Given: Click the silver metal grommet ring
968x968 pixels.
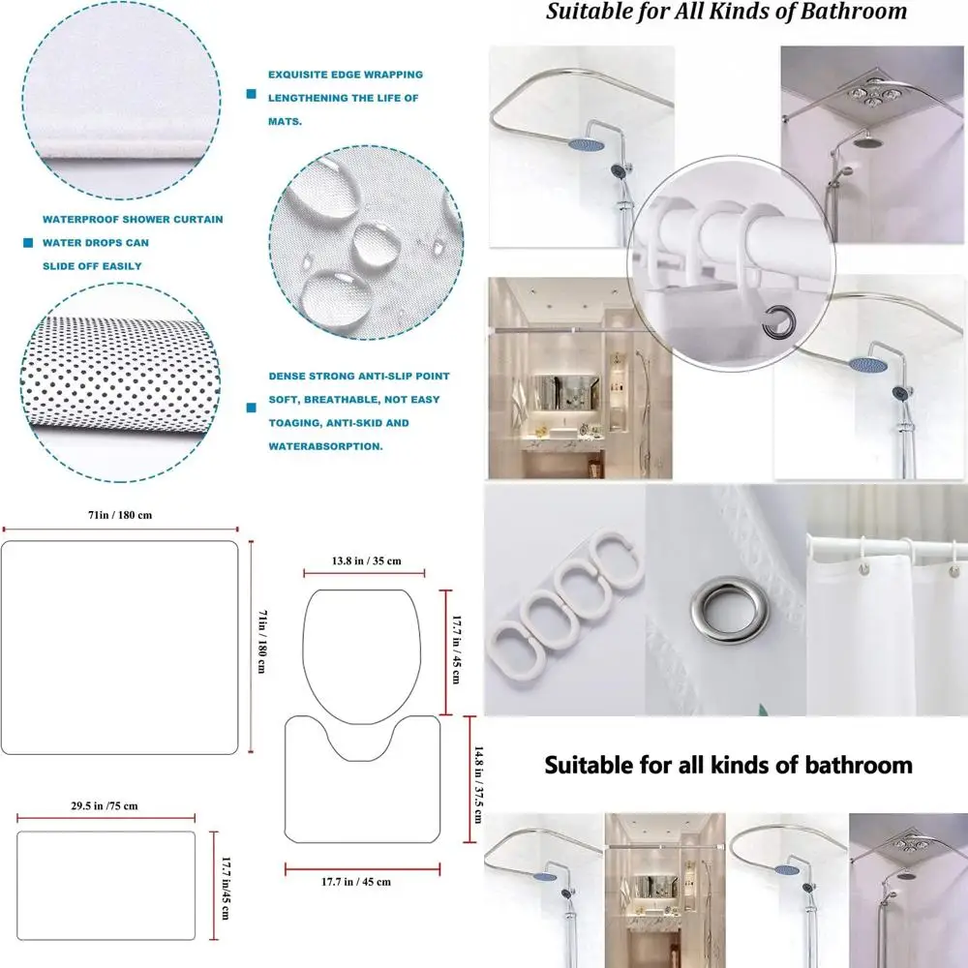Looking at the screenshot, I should coord(725,605).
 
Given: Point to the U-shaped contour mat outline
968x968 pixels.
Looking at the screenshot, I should coord(363,789).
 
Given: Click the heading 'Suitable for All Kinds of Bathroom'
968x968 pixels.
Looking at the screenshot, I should coord(726,12).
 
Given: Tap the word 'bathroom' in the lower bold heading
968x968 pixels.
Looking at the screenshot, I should coord(853,765).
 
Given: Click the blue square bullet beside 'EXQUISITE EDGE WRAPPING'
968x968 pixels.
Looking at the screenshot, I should coord(252,94).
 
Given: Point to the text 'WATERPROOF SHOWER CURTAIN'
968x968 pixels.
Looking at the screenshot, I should coord(133,220).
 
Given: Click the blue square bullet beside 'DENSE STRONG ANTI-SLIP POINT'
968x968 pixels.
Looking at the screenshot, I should coord(252,408).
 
